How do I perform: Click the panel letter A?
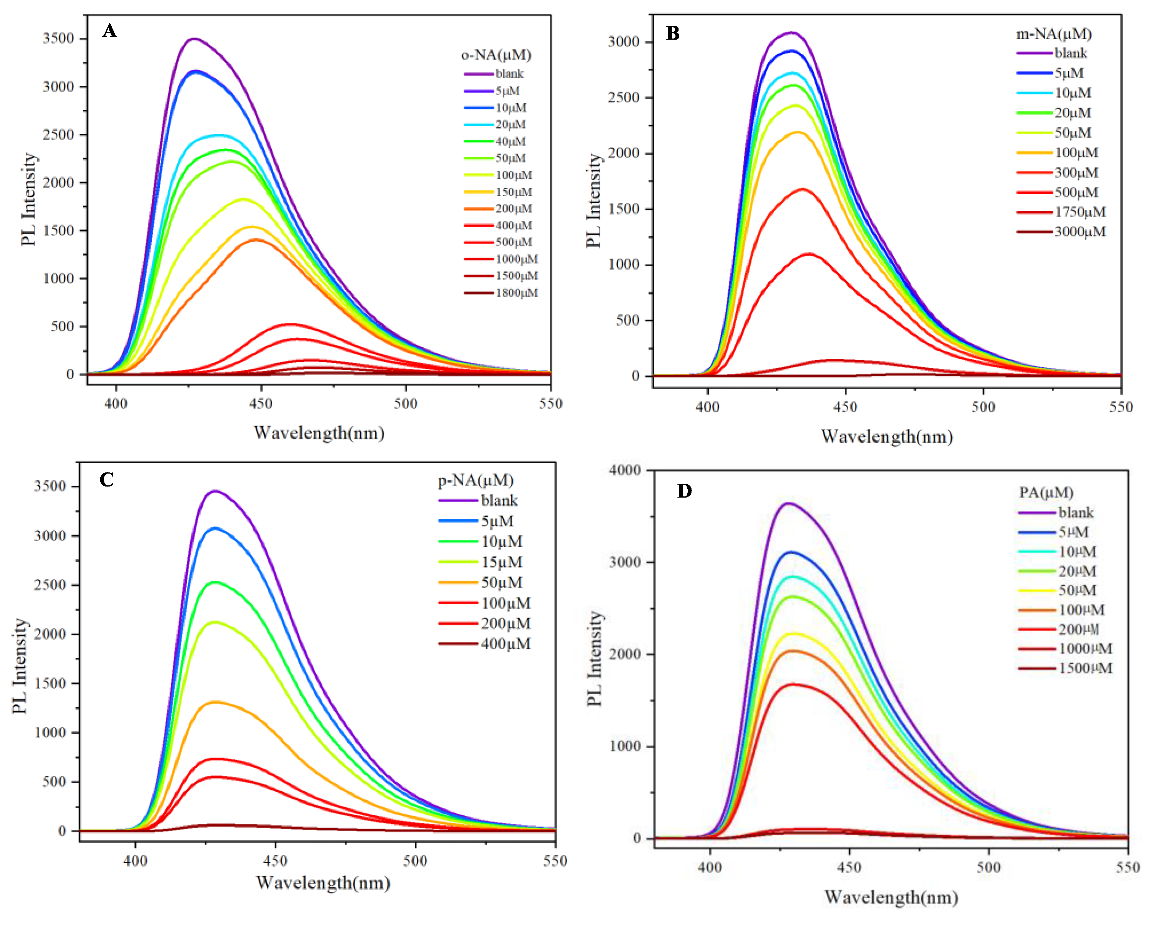[109, 31]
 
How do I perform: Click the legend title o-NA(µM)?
[496, 55]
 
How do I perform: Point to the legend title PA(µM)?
[1046, 492]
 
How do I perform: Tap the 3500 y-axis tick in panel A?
[58, 39]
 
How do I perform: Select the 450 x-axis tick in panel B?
[845, 407]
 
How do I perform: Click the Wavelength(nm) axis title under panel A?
[319, 433]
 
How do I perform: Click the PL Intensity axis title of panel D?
[594, 658]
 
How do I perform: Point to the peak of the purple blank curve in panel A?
[194, 39]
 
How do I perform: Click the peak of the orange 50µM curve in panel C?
[215, 702]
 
